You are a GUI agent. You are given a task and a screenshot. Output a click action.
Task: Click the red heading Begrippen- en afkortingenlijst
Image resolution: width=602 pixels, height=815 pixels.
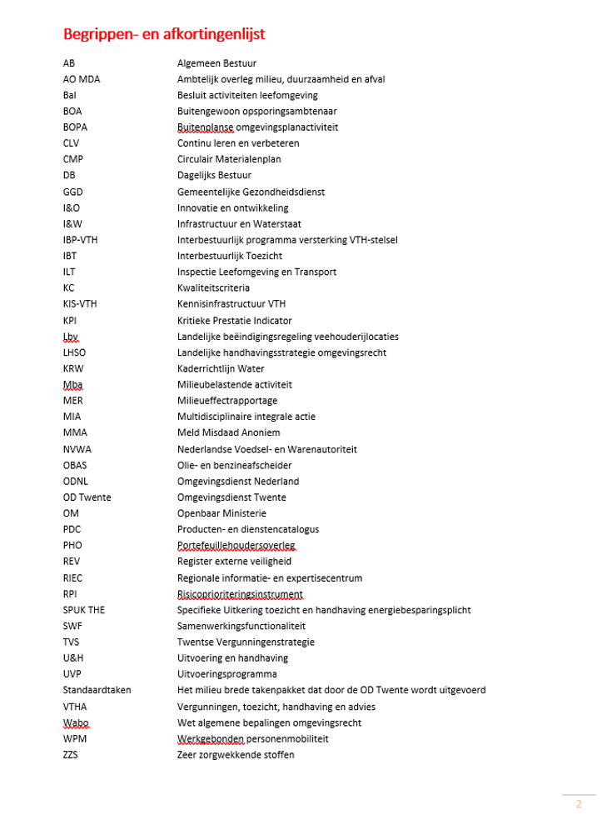tap(164, 34)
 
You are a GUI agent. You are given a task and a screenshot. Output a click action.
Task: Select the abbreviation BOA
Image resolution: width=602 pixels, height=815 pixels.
tap(72, 111)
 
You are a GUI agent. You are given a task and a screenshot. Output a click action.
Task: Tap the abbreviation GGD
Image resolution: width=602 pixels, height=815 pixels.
tap(72, 192)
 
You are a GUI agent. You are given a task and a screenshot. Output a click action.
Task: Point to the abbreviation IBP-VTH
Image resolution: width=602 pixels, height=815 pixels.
tap(81, 240)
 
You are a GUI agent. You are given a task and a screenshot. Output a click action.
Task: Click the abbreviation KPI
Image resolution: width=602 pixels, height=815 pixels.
tap(71, 321)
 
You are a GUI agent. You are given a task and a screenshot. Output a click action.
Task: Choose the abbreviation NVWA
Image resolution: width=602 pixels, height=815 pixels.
tap(77, 449)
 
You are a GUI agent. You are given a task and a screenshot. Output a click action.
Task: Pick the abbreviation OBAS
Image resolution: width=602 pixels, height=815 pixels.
tap(75, 465)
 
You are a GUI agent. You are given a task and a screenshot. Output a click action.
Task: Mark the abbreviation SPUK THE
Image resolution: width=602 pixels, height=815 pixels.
tap(83, 610)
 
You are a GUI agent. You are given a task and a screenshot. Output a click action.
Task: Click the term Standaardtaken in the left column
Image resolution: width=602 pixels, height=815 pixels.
tap(97, 690)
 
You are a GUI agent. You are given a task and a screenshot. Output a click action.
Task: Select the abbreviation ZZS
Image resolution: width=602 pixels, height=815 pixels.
tap(71, 755)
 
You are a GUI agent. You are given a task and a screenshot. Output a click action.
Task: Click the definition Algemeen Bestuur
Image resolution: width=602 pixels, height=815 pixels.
tap(216, 62)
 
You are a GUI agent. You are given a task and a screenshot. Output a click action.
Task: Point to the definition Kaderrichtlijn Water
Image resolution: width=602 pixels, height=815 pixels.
tap(221, 368)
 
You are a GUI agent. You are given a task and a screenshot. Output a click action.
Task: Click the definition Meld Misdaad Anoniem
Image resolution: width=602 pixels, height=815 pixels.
tap(228, 432)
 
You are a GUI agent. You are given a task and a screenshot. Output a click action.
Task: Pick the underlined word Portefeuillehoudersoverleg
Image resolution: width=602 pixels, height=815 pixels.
tap(236, 546)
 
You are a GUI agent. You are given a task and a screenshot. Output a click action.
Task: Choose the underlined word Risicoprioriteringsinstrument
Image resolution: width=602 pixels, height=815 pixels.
tap(240, 594)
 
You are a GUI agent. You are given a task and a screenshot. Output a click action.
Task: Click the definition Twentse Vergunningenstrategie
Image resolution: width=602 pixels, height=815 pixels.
tap(246, 642)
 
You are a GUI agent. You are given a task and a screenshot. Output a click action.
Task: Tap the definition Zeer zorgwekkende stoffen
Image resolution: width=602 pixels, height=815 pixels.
tap(236, 755)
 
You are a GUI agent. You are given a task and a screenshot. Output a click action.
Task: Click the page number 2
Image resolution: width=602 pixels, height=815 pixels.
tap(579, 804)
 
